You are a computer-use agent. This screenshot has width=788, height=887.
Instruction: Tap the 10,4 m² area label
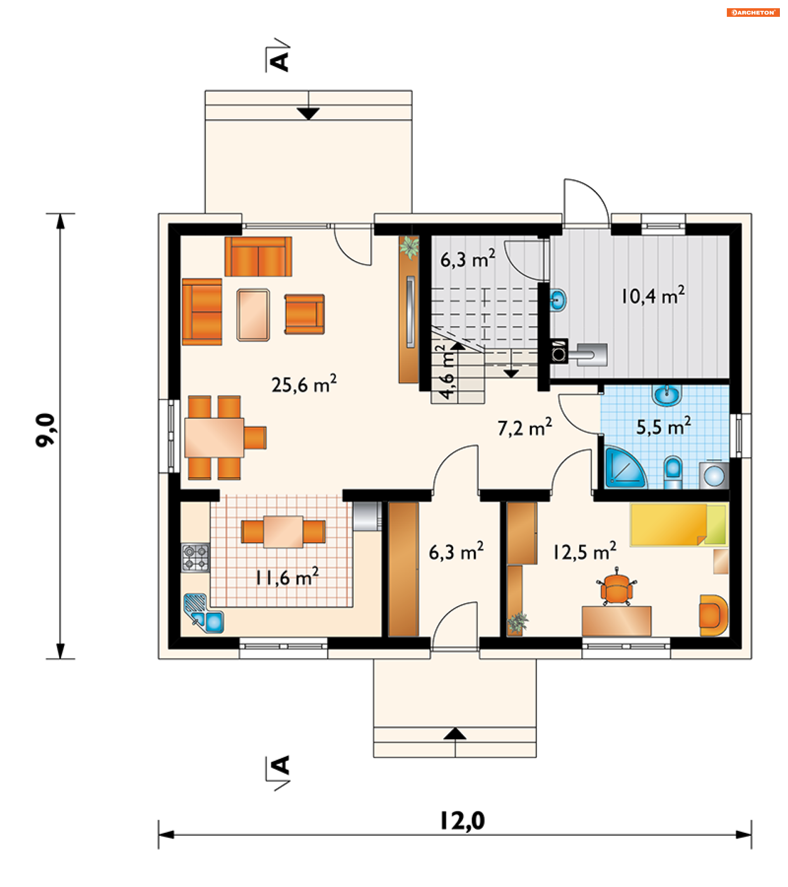tap(653, 296)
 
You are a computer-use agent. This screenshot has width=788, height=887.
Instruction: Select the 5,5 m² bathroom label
tap(663, 427)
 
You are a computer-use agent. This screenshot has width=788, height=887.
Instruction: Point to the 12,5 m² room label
tap(584, 552)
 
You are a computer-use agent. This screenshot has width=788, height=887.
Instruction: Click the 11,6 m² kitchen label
tap(287, 577)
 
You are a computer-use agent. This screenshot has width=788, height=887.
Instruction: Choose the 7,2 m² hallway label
tap(525, 427)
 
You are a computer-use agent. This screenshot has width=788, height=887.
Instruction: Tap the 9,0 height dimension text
tap(46, 430)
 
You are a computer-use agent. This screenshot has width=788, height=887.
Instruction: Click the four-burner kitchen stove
tap(195, 557)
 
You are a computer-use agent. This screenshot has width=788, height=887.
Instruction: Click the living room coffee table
tap(253, 315)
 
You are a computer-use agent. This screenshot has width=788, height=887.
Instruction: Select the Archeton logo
tap(753, 13)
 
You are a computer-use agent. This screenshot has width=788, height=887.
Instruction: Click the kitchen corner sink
tap(204, 614)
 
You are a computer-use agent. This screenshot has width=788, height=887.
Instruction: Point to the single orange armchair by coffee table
tap(305, 314)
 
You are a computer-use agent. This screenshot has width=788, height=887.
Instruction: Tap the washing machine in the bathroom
tap(714, 475)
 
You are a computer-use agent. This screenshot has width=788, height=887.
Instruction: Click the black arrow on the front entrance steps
tap(455, 733)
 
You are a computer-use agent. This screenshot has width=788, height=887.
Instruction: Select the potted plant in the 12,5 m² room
tap(518, 622)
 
